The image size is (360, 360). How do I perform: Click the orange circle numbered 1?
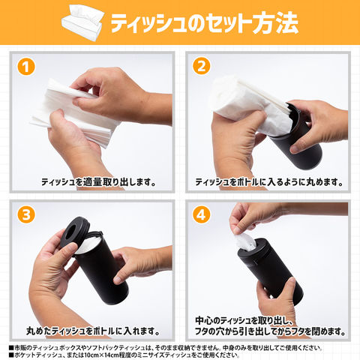click(x=26, y=67)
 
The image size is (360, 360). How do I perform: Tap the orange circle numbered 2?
click(x=201, y=66)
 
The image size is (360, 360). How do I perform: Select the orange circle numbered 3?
click(x=26, y=214)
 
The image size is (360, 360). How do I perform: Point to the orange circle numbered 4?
click(x=201, y=214)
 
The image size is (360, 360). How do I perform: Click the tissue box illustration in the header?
click(x=83, y=23)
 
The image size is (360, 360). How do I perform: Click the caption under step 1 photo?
click(x=98, y=181)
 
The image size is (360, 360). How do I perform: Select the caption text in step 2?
click(x=269, y=181)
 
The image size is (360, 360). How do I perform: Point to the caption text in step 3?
click(x=93, y=331)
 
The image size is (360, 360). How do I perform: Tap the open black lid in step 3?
click(x=74, y=232)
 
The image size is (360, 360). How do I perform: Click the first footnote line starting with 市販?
click(x=166, y=348)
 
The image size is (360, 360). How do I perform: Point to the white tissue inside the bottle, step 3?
click(x=88, y=245)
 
